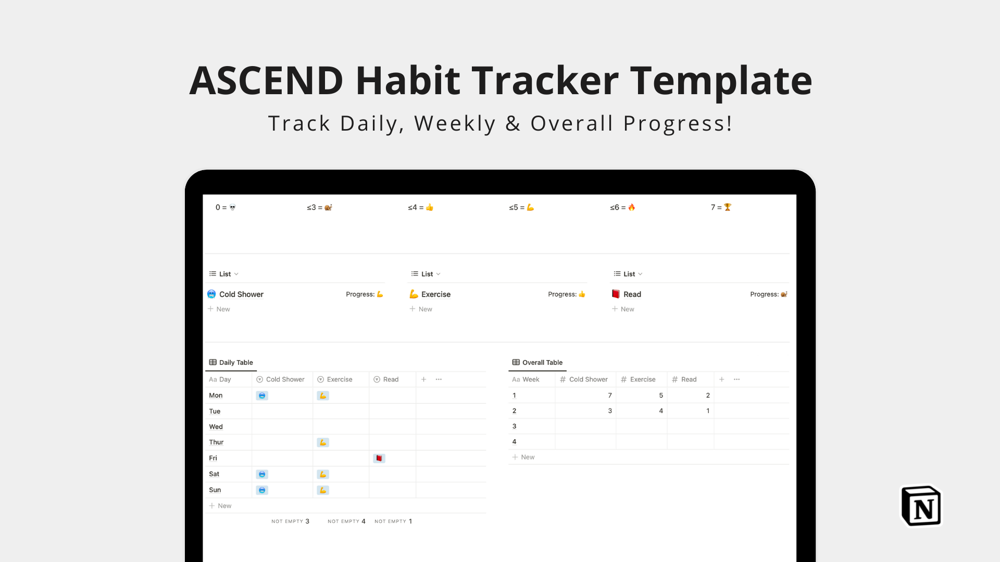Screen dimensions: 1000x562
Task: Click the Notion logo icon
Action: pyautogui.click(x=921, y=506)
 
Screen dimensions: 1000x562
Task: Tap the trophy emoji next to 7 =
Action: pyautogui.click(x=728, y=207)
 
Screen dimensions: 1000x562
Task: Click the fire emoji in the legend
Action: pyautogui.click(x=631, y=207)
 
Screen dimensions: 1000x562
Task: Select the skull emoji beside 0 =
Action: pyautogui.click(x=232, y=207)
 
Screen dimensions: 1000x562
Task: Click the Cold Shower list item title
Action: pyautogui.click(x=241, y=294)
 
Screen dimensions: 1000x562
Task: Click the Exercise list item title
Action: pyautogui.click(x=436, y=294)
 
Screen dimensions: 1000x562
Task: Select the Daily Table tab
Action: pyautogui.click(x=231, y=362)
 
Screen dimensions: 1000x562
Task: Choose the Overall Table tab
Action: pyautogui.click(x=537, y=362)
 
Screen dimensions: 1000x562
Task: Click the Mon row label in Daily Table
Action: pyautogui.click(x=216, y=395)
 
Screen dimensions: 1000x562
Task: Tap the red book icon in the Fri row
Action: pyautogui.click(x=379, y=458)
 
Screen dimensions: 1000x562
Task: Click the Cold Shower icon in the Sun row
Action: pyautogui.click(x=262, y=490)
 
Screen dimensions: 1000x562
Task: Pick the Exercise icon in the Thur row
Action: pyautogui.click(x=323, y=442)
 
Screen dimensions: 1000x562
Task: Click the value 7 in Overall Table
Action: pyautogui.click(x=610, y=395)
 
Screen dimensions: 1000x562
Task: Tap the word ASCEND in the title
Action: pyautogui.click(x=266, y=81)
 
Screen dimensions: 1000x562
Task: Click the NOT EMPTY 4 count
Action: pyautogui.click(x=346, y=521)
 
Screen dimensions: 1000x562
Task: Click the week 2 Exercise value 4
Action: pyautogui.click(x=661, y=411)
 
